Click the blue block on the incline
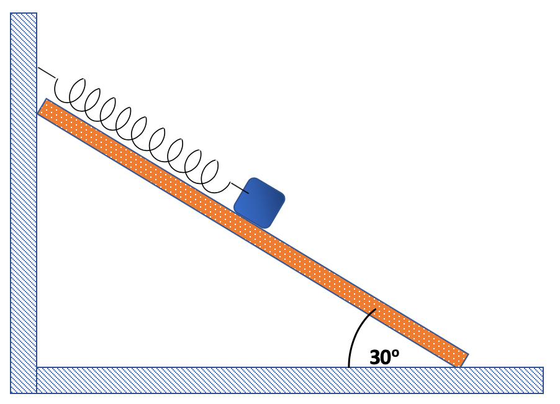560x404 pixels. [260, 203]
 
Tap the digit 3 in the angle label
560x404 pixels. [376, 358]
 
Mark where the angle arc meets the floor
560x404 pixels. [349, 367]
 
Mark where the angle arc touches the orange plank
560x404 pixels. [375, 310]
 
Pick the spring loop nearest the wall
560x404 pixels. [70, 91]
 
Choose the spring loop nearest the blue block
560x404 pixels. [218, 177]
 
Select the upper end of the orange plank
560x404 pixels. [43, 108]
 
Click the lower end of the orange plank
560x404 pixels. [462, 360]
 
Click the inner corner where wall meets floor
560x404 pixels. [37, 367]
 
